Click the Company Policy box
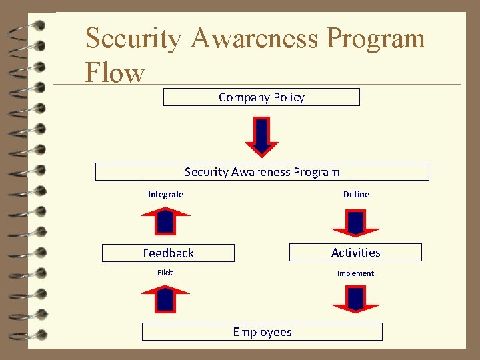[x=261, y=97]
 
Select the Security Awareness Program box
[x=262, y=172]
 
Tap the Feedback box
[x=168, y=253]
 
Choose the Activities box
[x=355, y=252]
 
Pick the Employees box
[x=262, y=332]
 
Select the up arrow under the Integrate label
[x=165, y=221]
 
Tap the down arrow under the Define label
[x=356, y=223]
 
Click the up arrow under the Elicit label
[x=165, y=298]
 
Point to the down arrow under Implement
[x=356, y=299]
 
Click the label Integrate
[x=165, y=195]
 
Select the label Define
[x=356, y=195]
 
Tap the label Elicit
[x=165, y=273]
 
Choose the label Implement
[x=355, y=273]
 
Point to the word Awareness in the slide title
[x=256, y=38]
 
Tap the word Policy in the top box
[x=289, y=97]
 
